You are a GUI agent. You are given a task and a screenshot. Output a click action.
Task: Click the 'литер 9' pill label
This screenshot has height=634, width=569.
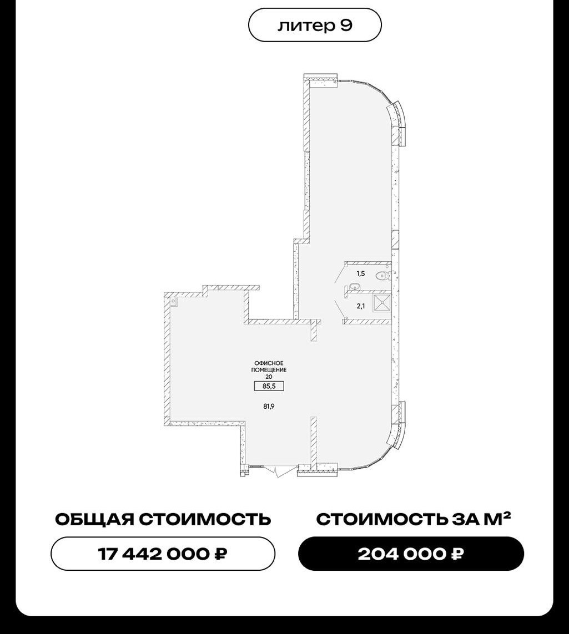click(x=314, y=25)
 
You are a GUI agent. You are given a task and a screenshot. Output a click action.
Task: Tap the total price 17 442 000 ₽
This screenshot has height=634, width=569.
click(x=163, y=554)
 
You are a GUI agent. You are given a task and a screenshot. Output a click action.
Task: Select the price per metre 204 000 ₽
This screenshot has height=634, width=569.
click(x=411, y=554)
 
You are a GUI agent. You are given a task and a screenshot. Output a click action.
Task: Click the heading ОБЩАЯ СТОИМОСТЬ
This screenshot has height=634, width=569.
click(x=163, y=519)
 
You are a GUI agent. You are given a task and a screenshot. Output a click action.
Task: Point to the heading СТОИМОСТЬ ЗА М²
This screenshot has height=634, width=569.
click(x=413, y=519)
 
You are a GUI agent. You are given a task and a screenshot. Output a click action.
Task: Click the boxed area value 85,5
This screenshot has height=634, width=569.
click(x=269, y=386)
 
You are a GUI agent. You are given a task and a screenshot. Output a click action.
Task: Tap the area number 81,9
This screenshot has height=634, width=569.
click(x=269, y=407)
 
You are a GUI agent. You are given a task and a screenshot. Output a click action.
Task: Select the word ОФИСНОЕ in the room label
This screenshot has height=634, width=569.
click(x=269, y=363)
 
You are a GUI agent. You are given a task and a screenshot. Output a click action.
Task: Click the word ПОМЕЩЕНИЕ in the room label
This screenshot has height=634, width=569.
click(x=269, y=370)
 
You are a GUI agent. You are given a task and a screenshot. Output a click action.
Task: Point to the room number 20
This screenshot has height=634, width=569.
click(x=269, y=377)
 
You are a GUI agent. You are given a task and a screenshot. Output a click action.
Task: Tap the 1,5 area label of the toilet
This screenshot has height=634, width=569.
click(x=361, y=274)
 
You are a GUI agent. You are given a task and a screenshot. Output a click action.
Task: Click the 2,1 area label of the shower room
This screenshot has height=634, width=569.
click(x=361, y=306)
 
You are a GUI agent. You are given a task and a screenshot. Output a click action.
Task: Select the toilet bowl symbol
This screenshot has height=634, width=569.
click(x=382, y=276)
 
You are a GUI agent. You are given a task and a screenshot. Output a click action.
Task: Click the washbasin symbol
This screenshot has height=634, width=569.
click(x=355, y=287)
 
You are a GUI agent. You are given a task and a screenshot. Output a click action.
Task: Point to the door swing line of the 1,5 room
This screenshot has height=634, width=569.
click(x=340, y=274)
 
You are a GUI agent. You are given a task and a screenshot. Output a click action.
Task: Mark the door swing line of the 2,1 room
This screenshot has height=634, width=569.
click(x=340, y=310)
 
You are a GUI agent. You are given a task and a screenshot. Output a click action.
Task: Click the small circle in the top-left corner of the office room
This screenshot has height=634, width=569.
click(x=174, y=301)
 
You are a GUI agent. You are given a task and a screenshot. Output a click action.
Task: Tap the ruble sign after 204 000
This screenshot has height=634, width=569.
click(x=458, y=554)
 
